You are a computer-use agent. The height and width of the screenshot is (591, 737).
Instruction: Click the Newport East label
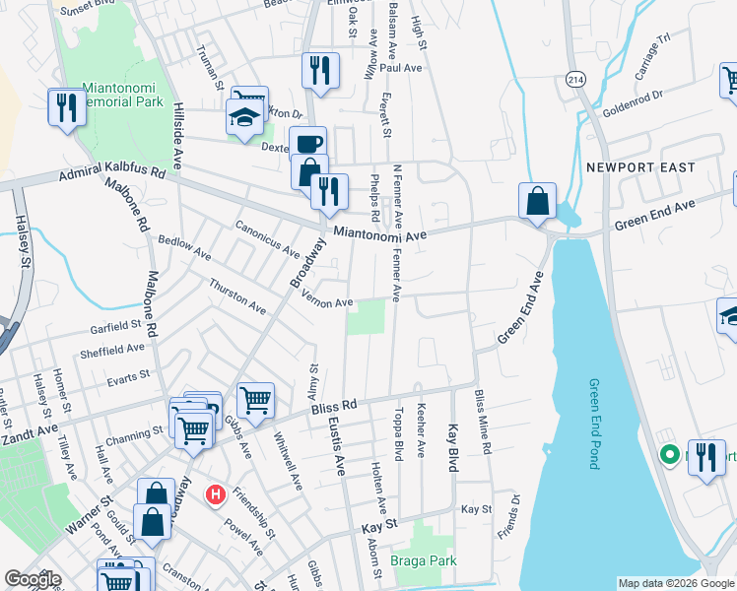[640, 167]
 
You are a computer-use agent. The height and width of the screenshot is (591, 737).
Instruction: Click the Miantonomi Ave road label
[379, 234]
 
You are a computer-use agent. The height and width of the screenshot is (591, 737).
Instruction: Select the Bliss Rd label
[331, 405]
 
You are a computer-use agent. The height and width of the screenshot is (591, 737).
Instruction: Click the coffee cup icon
[306, 143]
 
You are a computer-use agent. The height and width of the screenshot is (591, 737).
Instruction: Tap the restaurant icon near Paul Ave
[320, 70]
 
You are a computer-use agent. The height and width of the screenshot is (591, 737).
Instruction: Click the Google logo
[33, 579]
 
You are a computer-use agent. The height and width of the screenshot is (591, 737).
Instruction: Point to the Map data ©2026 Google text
[675, 583]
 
